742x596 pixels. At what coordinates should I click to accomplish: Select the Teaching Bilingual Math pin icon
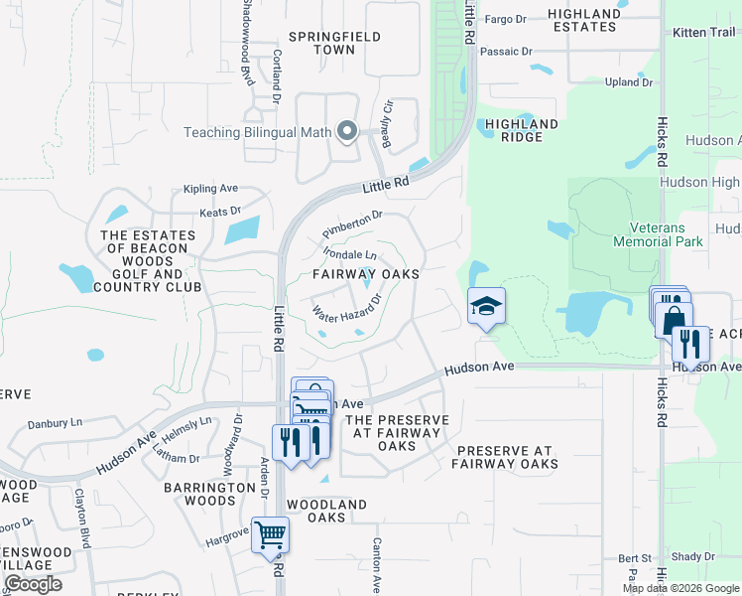[347, 131]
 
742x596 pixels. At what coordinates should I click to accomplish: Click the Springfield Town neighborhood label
[321, 43]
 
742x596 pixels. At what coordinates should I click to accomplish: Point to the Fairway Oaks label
[366, 273]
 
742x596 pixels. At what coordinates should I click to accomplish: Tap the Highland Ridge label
[516, 130]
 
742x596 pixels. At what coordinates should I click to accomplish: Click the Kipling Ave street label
[209, 188]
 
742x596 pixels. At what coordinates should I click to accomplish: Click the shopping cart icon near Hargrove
[270, 535]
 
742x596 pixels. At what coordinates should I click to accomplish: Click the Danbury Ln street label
[55, 423]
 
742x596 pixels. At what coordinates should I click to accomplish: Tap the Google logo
[33, 584]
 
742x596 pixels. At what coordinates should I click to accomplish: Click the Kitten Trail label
[702, 33]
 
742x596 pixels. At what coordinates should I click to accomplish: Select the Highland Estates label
[586, 20]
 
